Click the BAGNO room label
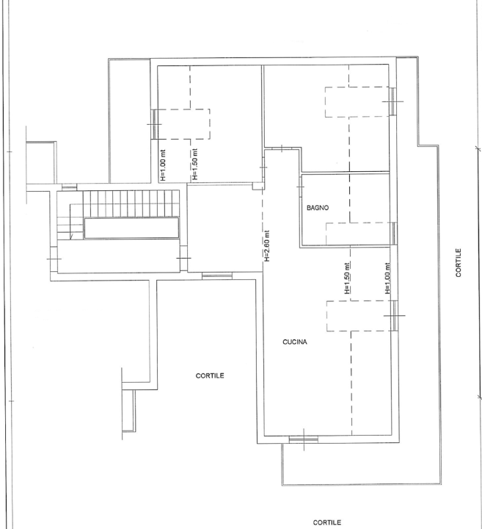tap(318, 208)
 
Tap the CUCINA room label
tap(294, 342)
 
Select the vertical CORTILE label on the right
tap(459, 262)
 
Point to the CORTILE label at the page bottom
tap(327, 523)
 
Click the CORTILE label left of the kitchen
tap(210, 375)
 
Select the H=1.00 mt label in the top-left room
tap(163, 165)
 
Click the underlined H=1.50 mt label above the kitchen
tap(346, 278)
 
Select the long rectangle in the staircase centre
tap(131, 228)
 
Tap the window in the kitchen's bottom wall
tap(303, 439)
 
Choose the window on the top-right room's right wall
tap(395, 100)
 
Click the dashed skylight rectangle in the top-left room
tap(183, 125)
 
